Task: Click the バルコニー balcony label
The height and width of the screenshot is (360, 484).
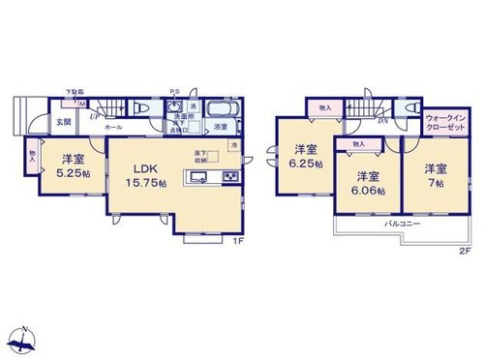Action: (402, 222)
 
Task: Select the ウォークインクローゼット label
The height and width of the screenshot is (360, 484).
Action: (443, 122)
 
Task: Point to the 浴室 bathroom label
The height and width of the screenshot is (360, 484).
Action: (220, 126)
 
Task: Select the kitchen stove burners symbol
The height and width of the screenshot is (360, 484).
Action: (231, 176)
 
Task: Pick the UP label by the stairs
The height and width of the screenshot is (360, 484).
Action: (94, 116)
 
